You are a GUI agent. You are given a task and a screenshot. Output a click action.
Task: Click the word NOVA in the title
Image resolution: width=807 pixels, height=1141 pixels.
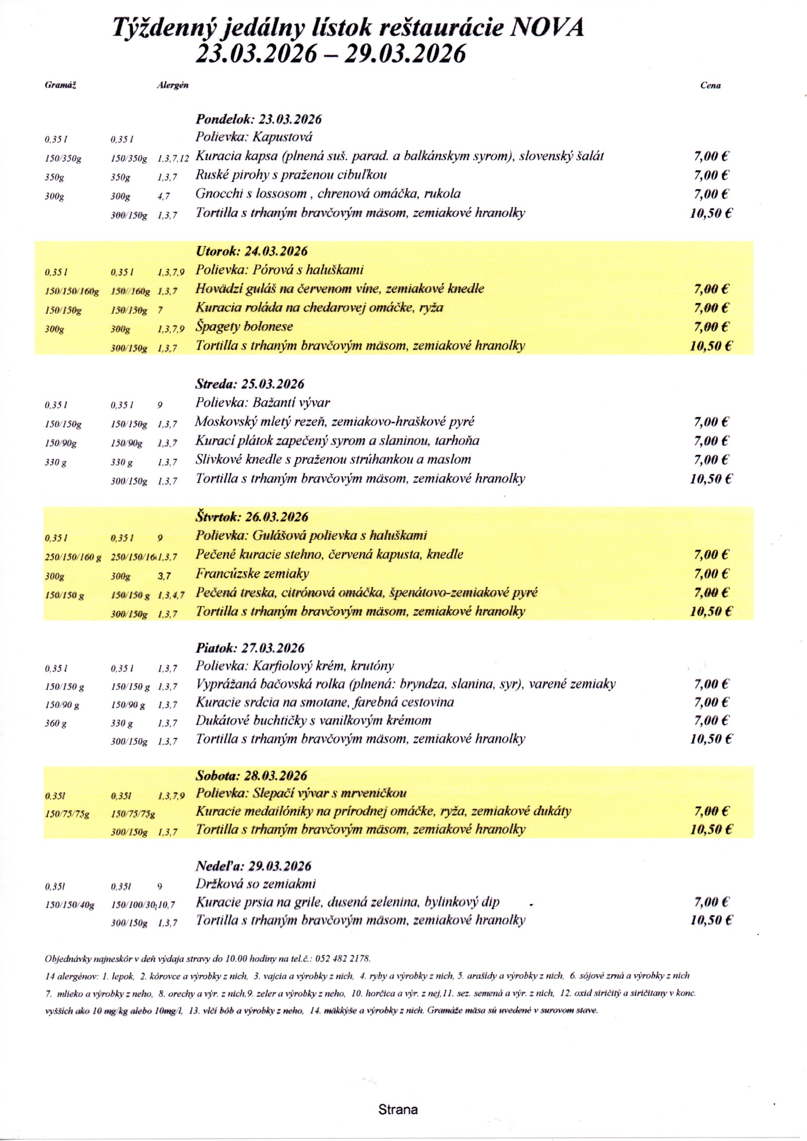point(547,28)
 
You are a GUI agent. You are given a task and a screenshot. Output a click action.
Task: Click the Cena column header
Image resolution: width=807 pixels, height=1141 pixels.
point(710,85)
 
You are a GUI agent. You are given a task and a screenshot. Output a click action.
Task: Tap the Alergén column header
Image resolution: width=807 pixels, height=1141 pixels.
point(172,85)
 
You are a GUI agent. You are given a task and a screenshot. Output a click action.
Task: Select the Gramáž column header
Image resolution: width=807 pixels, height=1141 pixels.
point(60,85)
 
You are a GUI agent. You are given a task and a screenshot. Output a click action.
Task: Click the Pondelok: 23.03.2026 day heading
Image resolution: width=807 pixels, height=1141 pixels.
point(259,119)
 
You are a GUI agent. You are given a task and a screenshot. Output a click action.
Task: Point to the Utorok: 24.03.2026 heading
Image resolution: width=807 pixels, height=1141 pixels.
point(251,251)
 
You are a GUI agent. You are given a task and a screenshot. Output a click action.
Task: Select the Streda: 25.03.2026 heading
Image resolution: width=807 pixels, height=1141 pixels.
point(249,384)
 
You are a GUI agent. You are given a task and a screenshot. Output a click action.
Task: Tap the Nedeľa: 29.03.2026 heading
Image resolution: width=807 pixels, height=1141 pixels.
point(253,866)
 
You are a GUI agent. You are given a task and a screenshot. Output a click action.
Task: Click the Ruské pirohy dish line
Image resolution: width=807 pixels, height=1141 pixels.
point(291,175)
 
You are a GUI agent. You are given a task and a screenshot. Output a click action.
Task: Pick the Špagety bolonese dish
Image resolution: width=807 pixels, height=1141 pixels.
point(244,326)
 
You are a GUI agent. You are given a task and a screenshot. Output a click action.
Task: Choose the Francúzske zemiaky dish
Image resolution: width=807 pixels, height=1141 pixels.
point(252,574)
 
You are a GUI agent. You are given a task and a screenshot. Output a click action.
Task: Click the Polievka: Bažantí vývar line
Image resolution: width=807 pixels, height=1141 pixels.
point(262,403)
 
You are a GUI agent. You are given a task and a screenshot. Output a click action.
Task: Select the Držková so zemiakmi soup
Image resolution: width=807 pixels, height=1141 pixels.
point(255,884)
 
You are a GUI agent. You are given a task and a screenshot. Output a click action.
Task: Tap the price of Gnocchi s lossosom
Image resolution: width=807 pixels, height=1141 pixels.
point(711,194)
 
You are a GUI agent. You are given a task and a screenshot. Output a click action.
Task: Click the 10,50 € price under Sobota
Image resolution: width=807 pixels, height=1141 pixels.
point(711,830)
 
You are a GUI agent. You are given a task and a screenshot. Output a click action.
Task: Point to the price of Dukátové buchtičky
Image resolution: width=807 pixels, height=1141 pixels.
point(711,721)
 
